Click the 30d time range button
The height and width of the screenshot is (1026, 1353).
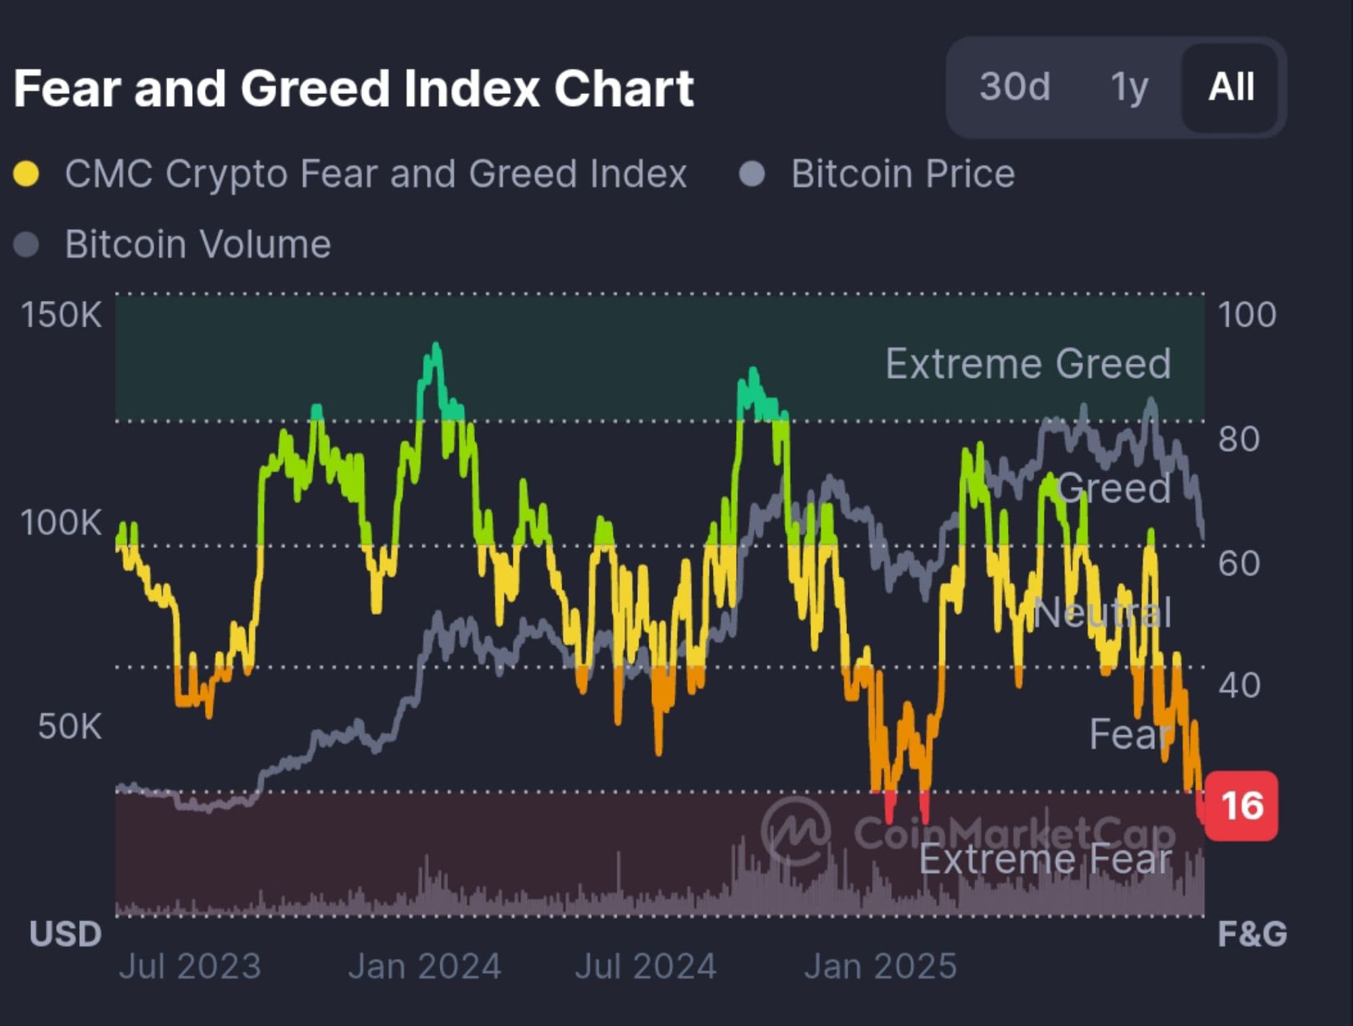coord(1015,87)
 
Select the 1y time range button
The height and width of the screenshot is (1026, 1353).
coord(1129,87)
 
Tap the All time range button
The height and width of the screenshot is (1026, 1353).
coord(1231,87)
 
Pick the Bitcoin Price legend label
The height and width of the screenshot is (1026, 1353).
coord(902,174)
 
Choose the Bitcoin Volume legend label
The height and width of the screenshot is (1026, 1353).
coord(198,244)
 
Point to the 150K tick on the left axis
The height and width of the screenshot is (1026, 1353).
coord(61,315)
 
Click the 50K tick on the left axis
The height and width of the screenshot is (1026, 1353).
coord(70,726)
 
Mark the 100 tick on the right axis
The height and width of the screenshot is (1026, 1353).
coord(1247,315)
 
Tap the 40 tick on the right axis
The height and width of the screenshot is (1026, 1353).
coord(1239,685)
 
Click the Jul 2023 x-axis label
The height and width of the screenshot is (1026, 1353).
coord(190,966)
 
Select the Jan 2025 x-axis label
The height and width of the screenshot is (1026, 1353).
coord(880,966)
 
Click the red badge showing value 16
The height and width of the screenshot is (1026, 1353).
coord(1242,806)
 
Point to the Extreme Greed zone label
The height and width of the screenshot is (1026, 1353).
coord(1028,364)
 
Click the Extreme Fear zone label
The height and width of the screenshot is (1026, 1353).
coord(1045,860)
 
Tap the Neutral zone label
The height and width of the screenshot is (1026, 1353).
coord(1102,613)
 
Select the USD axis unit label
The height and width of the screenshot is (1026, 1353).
coord(65,934)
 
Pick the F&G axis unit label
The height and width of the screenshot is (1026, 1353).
coord(1252,934)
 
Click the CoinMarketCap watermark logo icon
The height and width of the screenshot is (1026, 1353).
coord(796,831)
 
